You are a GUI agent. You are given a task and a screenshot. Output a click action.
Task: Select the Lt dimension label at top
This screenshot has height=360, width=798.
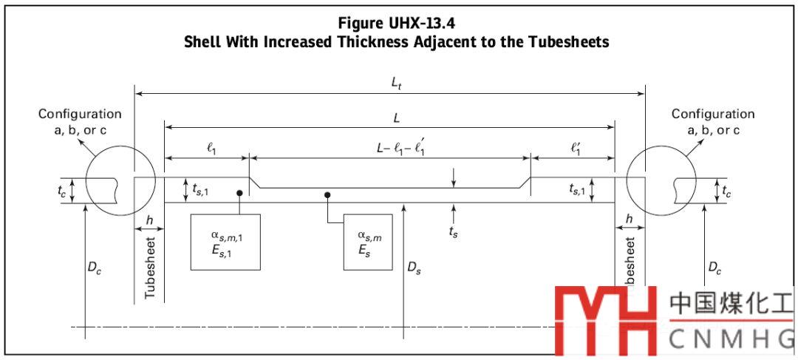[396, 83]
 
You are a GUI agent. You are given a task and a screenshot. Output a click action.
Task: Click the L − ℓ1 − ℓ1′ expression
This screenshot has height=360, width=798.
[399, 147]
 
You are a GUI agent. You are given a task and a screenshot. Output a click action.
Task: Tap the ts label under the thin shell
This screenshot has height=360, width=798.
[454, 231]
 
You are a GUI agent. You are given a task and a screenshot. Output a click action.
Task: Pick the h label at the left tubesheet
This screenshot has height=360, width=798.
[150, 220]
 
